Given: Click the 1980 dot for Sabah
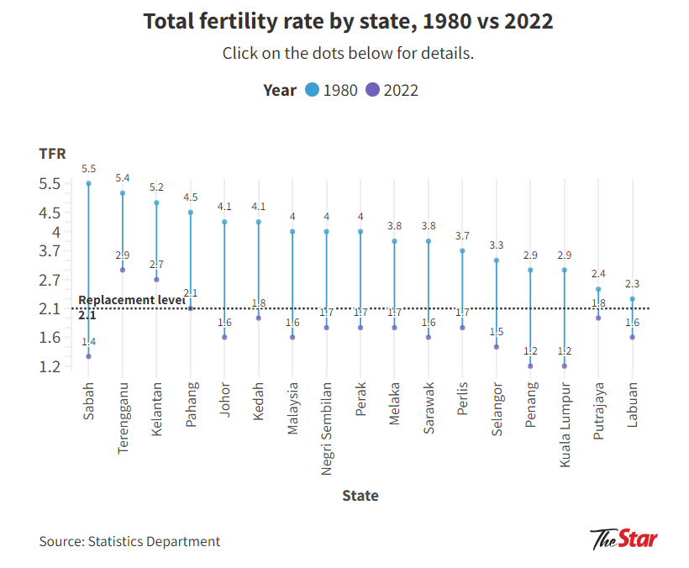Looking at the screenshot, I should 88,183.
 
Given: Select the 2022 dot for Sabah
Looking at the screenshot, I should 88,356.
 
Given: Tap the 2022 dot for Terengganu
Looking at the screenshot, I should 123,270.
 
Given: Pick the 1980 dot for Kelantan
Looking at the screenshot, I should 156,202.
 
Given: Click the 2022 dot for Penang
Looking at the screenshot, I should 530,366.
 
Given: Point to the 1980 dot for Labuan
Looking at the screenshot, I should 632,299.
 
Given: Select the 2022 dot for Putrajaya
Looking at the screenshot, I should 598,318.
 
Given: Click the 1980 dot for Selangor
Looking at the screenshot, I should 497,260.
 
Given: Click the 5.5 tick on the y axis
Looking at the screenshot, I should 50,183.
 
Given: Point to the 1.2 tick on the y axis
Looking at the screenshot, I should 50,366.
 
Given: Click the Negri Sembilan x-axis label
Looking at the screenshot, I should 326,429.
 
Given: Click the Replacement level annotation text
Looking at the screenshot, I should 131,300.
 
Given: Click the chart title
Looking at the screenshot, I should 348,21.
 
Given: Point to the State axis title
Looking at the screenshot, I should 360,495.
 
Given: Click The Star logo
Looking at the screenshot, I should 623,539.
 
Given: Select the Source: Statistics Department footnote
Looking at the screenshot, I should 129,541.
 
